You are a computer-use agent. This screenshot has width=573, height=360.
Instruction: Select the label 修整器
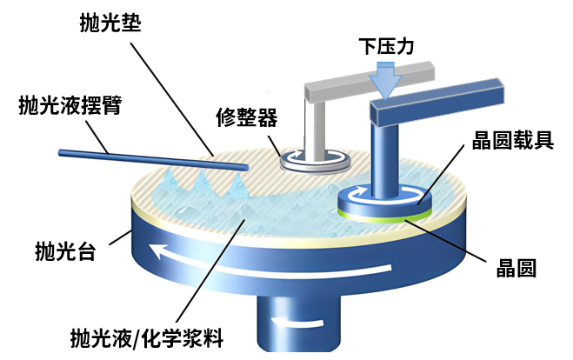[x=246, y=116]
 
